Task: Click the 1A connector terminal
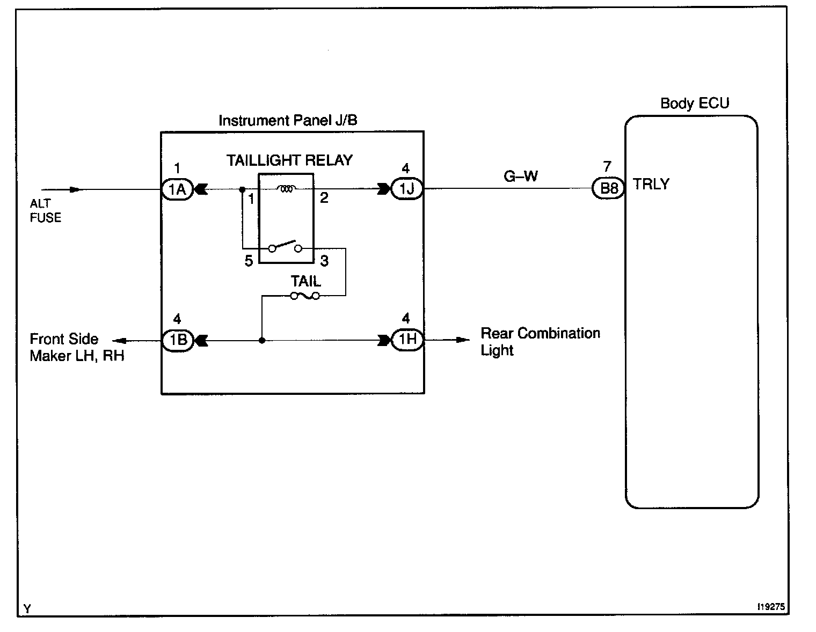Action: (x=177, y=189)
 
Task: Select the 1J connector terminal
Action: (x=406, y=189)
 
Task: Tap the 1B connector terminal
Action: (x=177, y=340)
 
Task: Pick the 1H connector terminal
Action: (x=406, y=340)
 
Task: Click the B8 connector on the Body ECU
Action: (x=608, y=189)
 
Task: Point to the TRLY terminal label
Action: (x=651, y=184)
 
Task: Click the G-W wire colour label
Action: (x=521, y=176)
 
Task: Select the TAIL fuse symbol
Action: (x=305, y=296)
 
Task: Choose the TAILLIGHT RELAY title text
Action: (x=289, y=160)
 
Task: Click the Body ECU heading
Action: (x=695, y=103)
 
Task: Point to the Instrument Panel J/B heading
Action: (x=288, y=120)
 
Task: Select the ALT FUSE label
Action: (x=45, y=210)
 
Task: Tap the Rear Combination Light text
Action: (x=540, y=341)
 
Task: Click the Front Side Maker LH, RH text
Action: (x=77, y=347)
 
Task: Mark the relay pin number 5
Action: (x=249, y=261)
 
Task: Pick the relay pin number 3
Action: (x=324, y=261)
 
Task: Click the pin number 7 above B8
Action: (x=607, y=167)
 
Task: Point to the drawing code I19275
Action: (x=771, y=607)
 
